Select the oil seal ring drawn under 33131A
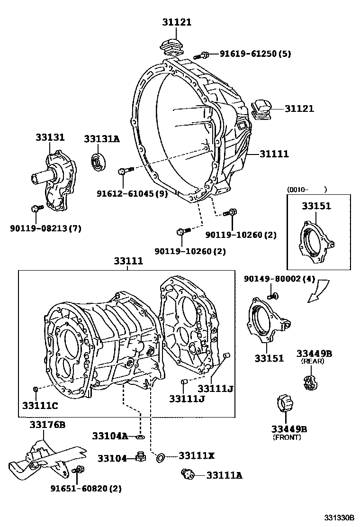point(99,161)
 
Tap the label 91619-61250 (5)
point(255,54)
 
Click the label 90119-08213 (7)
point(45,228)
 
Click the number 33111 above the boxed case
point(127,261)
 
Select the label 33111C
point(40,405)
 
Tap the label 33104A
point(110,436)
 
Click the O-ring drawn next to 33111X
point(161,457)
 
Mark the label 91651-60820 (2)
point(86,489)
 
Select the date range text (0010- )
point(306,190)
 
